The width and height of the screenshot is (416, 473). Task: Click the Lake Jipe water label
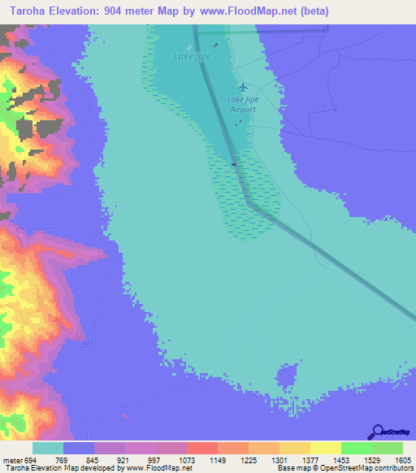tap(190, 56)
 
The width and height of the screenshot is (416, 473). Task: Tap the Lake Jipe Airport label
tap(241, 104)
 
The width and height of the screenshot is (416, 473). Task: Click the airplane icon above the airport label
tap(242, 86)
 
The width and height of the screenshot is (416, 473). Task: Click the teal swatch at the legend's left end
tap(48, 449)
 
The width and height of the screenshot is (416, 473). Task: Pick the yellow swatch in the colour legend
tap(325, 449)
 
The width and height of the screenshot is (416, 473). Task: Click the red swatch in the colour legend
tap(201, 449)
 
